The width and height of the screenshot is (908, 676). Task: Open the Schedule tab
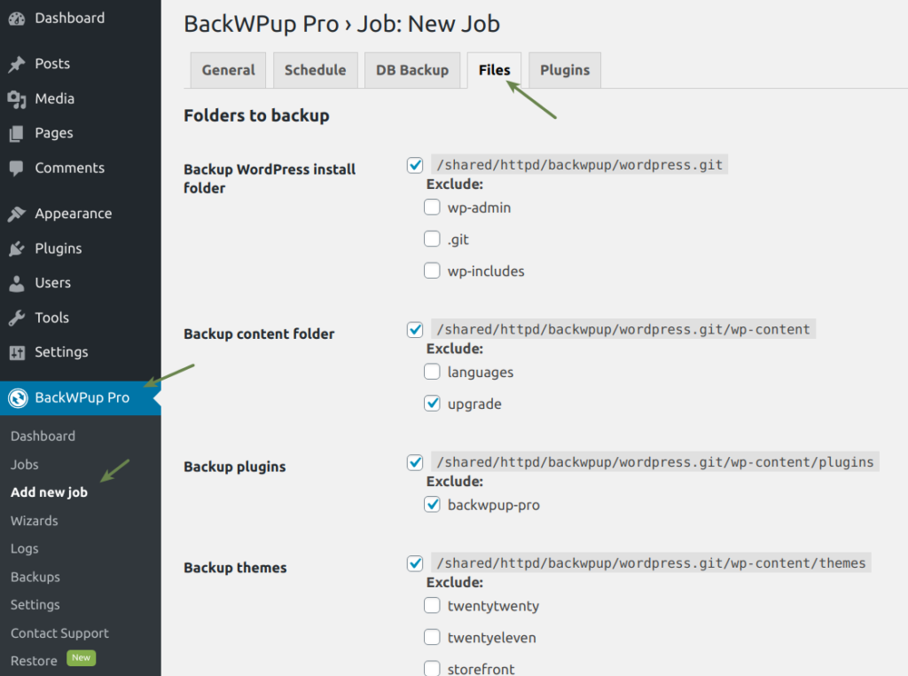tap(315, 70)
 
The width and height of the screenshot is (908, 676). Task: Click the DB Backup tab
tap(412, 70)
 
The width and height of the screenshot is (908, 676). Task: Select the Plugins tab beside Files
tap(565, 70)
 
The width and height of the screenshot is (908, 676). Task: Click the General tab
tap(228, 70)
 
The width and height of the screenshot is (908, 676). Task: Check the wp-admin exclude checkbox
tap(432, 208)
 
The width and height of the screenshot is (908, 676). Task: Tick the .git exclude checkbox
tap(432, 240)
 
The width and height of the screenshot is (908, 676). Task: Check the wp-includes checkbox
tap(432, 271)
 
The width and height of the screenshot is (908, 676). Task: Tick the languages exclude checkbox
tap(432, 372)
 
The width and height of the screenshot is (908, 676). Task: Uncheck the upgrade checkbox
tap(432, 404)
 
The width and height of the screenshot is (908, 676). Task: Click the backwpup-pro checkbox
tap(432, 505)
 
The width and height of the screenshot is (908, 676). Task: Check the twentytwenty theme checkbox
tap(432, 606)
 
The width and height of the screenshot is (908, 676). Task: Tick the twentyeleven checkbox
tap(432, 637)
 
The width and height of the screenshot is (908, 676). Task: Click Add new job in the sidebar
tap(49, 492)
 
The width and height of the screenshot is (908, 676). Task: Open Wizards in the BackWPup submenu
tap(35, 521)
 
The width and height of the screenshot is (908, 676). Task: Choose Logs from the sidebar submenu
tap(25, 548)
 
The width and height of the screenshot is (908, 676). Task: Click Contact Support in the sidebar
tap(59, 633)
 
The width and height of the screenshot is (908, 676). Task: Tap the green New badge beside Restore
tap(82, 658)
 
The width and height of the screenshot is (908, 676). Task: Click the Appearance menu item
tap(73, 214)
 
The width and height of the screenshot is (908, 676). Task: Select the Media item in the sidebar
tap(54, 98)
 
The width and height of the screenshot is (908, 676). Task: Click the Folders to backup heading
tap(256, 115)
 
